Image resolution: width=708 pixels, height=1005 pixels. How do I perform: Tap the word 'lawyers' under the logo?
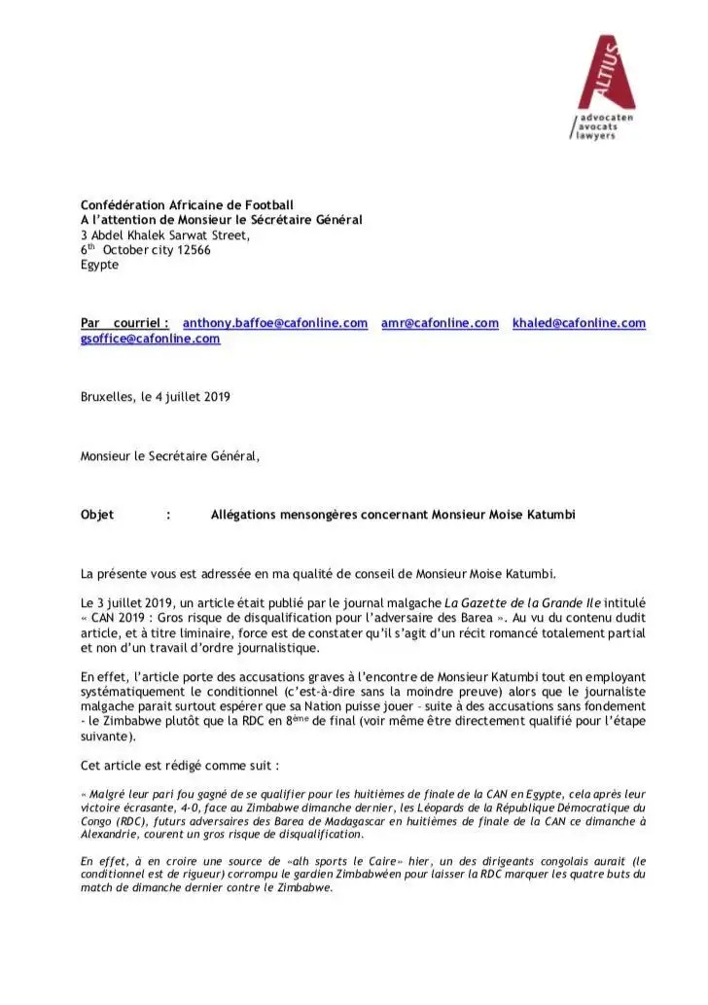pos(593,136)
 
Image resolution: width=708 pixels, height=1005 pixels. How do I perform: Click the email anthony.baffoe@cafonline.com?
pos(275,323)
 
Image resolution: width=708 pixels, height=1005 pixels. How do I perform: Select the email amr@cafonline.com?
pos(440,323)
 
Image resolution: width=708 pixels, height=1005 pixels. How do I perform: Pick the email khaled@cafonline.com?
pos(579,323)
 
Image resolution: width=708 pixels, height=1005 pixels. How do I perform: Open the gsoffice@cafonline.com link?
pos(150,339)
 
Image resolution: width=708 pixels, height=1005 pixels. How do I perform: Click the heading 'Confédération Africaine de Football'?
pos(187,205)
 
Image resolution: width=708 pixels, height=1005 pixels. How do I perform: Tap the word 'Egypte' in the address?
pos(100,264)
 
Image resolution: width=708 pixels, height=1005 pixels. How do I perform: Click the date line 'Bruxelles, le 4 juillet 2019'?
pos(156,396)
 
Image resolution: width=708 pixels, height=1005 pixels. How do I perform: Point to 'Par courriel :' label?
pos(124,323)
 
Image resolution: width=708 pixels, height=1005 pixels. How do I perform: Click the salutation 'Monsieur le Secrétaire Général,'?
pos(170,454)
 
